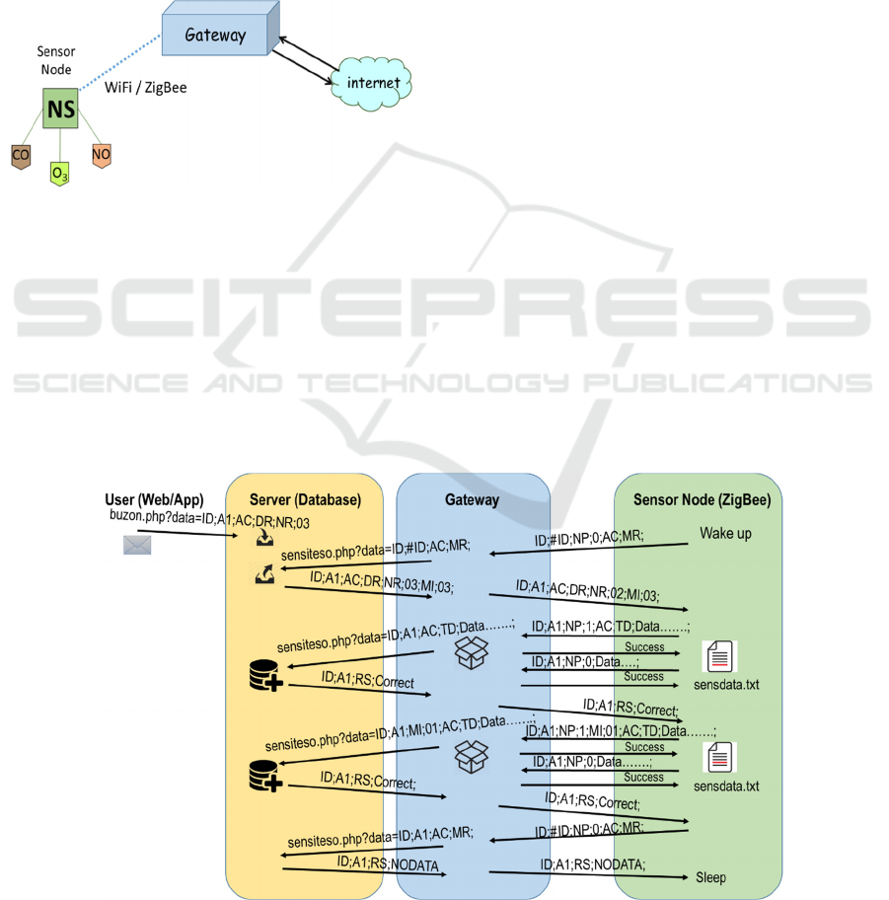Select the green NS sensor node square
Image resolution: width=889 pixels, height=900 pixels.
pos(61,110)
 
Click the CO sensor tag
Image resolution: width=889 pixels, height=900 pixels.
pos(21,156)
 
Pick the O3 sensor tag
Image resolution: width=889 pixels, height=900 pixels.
pos(60,174)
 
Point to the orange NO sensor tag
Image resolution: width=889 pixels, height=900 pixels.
pos(101,155)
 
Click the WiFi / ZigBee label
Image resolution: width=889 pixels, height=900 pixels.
pos(145,88)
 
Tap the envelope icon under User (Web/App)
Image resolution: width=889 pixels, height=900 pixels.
pos(137,544)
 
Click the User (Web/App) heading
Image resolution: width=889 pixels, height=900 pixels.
pos(154,498)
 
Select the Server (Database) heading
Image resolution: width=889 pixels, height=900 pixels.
pos(305,499)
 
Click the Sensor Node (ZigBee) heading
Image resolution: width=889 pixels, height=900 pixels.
pos(702,499)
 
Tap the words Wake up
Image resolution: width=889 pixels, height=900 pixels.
pos(725,534)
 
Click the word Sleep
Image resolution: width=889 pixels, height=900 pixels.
pos(709,876)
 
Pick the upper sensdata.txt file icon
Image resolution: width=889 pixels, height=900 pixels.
pos(720,656)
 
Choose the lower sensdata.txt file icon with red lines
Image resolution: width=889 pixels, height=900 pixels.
pos(721,758)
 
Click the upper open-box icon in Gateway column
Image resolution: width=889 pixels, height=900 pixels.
pos(472,650)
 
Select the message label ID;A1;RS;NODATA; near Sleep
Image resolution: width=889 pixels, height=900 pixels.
pos(592,865)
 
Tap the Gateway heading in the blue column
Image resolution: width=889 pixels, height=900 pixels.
pos(472,499)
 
